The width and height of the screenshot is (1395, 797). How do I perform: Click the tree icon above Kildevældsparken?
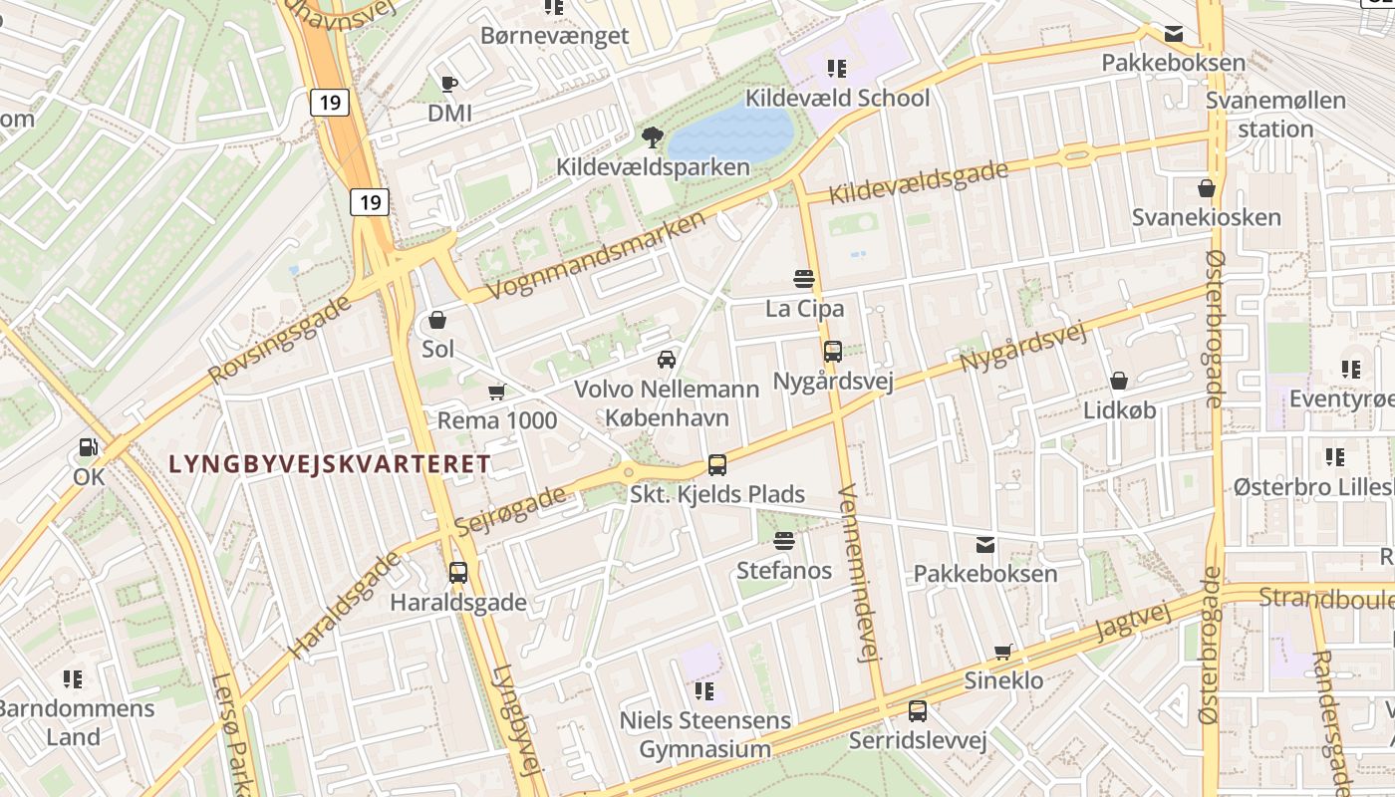pos(653,136)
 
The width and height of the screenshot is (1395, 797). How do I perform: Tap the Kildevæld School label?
pos(837,98)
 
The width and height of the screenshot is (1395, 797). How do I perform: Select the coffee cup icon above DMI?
pos(448,84)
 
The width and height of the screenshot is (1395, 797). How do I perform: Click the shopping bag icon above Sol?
pos(436,320)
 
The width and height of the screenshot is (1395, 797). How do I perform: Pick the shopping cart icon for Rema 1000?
pos(496,393)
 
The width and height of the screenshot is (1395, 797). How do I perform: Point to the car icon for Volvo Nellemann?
pos(666,359)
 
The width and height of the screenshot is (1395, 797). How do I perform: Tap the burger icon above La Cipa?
pos(804,279)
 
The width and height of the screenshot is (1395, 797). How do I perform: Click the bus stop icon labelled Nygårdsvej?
pos(833,351)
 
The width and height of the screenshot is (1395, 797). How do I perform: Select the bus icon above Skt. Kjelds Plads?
pos(716,464)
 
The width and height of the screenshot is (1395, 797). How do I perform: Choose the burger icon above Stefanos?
pos(784,541)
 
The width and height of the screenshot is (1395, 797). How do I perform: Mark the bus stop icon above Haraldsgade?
pos(458,573)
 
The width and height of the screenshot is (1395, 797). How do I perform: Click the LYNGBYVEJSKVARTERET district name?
pos(330,464)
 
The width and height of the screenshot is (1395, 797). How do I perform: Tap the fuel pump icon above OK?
pos(89,448)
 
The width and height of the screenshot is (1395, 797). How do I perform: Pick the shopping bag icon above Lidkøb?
pos(1119,381)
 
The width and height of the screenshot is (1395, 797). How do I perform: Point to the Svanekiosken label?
pos(1206,217)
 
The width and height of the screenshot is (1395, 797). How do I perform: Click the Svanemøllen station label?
pos(1275,115)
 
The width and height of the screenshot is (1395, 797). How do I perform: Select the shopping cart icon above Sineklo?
pos(1003,652)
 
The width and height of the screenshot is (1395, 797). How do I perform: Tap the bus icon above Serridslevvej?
pos(917,711)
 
